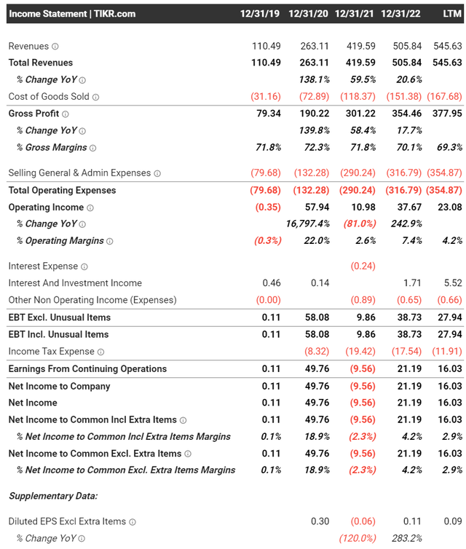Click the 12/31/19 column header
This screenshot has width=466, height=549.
261,14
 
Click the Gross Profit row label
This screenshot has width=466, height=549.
33,114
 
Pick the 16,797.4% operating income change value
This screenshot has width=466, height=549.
306,224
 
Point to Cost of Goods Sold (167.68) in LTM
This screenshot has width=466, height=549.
443,97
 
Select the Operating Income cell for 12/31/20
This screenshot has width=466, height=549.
317,207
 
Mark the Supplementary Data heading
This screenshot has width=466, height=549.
53,496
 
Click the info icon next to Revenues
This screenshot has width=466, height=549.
55,47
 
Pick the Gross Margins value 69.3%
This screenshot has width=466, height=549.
446,147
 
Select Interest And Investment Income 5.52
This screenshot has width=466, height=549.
451,283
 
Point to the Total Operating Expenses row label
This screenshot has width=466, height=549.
62,190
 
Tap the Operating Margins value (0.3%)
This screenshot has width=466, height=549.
266,241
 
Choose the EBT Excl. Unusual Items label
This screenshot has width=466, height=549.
59,317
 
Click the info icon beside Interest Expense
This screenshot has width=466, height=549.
84,267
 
